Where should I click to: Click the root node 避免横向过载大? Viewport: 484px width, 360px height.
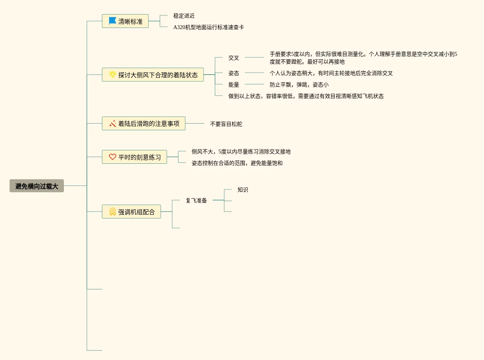[x=37, y=186]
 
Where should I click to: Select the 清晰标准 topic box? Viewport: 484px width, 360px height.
[x=125, y=21]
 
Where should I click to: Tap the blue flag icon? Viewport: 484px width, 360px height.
[x=112, y=21]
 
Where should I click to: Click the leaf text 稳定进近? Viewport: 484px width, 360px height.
[x=184, y=16]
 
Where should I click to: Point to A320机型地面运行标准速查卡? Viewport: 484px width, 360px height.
[x=209, y=27]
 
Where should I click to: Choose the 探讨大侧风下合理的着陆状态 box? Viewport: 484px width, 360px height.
[x=153, y=75]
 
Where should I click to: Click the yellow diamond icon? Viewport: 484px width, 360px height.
[x=112, y=75]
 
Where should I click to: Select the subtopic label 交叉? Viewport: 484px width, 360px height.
[x=234, y=58]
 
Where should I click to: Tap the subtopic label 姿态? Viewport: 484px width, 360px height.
[x=234, y=73]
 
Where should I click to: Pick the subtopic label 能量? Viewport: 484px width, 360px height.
[x=234, y=85]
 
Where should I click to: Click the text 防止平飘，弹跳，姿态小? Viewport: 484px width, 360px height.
[x=299, y=85]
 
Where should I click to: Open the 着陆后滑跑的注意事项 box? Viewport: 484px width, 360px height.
[x=143, y=124]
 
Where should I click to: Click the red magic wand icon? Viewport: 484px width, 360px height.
[x=112, y=124]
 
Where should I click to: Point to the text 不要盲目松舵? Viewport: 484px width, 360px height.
[x=226, y=124]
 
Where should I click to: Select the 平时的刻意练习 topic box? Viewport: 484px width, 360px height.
[x=134, y=157]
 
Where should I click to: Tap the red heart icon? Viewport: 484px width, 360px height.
[x=112, y=157]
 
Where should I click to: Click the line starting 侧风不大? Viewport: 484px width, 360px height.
[x=241, y=151]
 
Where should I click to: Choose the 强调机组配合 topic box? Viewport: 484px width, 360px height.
[x=131, y=212]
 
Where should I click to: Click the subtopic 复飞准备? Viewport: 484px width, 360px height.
[x=196, y=200]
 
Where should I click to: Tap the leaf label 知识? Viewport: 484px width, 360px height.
[x=243, y=189]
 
